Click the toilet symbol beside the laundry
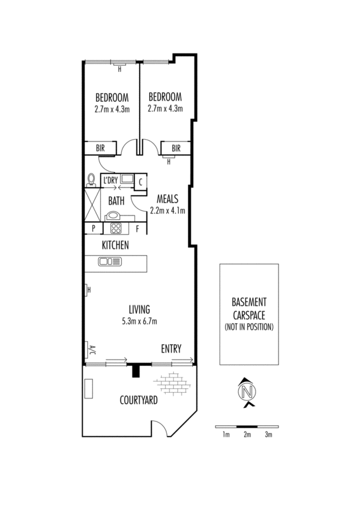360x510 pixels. click(x=91, y=180)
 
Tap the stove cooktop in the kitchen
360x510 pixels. click(x=116, y=228)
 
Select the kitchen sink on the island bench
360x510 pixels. click(x=110, y=261)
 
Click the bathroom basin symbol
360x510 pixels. click(x=113, y=215)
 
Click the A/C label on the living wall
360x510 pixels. click(x=92, y=351)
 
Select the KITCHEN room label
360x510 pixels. click(x=115, y=245)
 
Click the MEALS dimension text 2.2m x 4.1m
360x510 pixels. click(x=168, y=211)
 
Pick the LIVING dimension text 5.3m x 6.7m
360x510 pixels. click(x=140, y=321)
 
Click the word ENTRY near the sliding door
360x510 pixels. click(x=171, y=349)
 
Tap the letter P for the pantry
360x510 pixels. click(x=93, y=228)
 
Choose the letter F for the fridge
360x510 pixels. click(x=137, y=229)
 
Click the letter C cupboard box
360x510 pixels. click(x=140, y=182)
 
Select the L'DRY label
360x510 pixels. click(x=110, y=180)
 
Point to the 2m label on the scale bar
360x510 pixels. click(x=247, y=434)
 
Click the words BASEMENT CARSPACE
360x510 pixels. click(x=248, y=309)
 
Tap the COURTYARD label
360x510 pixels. click(x=138, y=400)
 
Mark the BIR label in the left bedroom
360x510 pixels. click(x=100, y=148)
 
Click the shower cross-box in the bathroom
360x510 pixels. click(x=92, y=205)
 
